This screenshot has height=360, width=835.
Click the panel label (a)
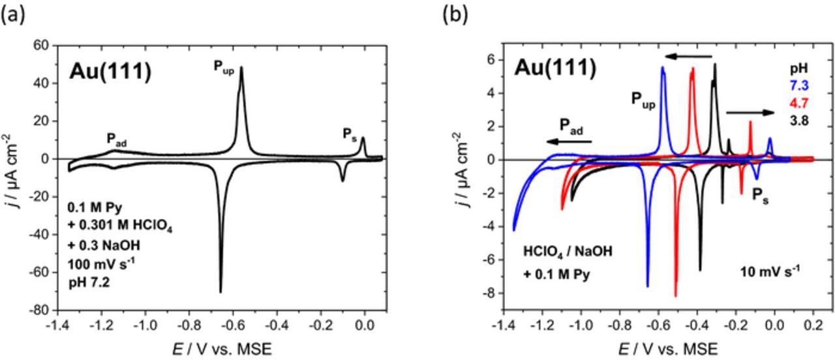click(x=13, y=14)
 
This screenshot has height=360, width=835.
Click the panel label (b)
click(x=455, y=14)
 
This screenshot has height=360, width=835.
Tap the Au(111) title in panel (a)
click(x=110, y=71)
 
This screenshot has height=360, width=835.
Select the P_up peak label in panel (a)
click(x=223, y=67)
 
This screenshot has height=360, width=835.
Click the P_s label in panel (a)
click(x=350, y=134)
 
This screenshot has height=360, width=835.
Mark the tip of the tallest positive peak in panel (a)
click(x=241, y=67)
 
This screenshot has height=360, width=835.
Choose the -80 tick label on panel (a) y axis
click(x=40, y=310)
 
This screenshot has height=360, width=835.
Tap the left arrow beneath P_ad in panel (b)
click(x=569, y=141)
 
